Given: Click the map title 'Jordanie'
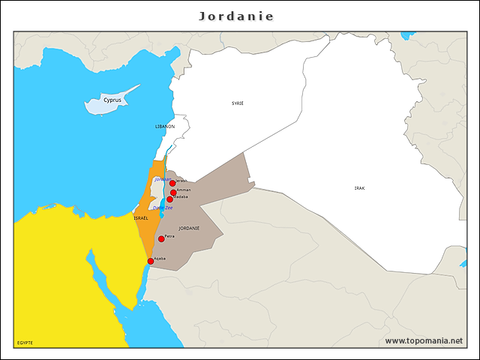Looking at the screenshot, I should pos(236,16).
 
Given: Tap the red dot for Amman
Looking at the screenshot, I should pos(173,193).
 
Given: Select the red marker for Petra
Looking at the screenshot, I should pos(161,238).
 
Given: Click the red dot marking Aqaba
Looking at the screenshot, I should pos(151,261).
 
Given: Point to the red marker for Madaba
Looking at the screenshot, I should pos(169,199).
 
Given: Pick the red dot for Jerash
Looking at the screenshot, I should pos(172,183).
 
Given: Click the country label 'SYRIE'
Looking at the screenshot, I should pos(237,103).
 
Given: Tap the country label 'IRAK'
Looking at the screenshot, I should pos(360,187).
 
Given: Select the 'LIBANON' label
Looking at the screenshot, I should pos(165,127).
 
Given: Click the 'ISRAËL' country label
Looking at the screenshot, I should pos(141,217).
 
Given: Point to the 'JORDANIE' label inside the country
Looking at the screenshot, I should pos(189,227).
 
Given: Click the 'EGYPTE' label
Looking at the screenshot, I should pos(25,343).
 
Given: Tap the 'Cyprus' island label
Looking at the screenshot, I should pos(112,100).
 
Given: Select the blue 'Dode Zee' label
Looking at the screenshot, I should pos(162,208).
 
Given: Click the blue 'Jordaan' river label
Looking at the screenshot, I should pos(162,179).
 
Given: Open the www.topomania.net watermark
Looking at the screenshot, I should pos(424,340).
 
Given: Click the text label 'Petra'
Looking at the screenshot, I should pos(169,236).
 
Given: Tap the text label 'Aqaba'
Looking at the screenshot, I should pos(160,258).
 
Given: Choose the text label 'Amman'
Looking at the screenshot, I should pos(184,190).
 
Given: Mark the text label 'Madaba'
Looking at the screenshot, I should pos(181,196).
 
